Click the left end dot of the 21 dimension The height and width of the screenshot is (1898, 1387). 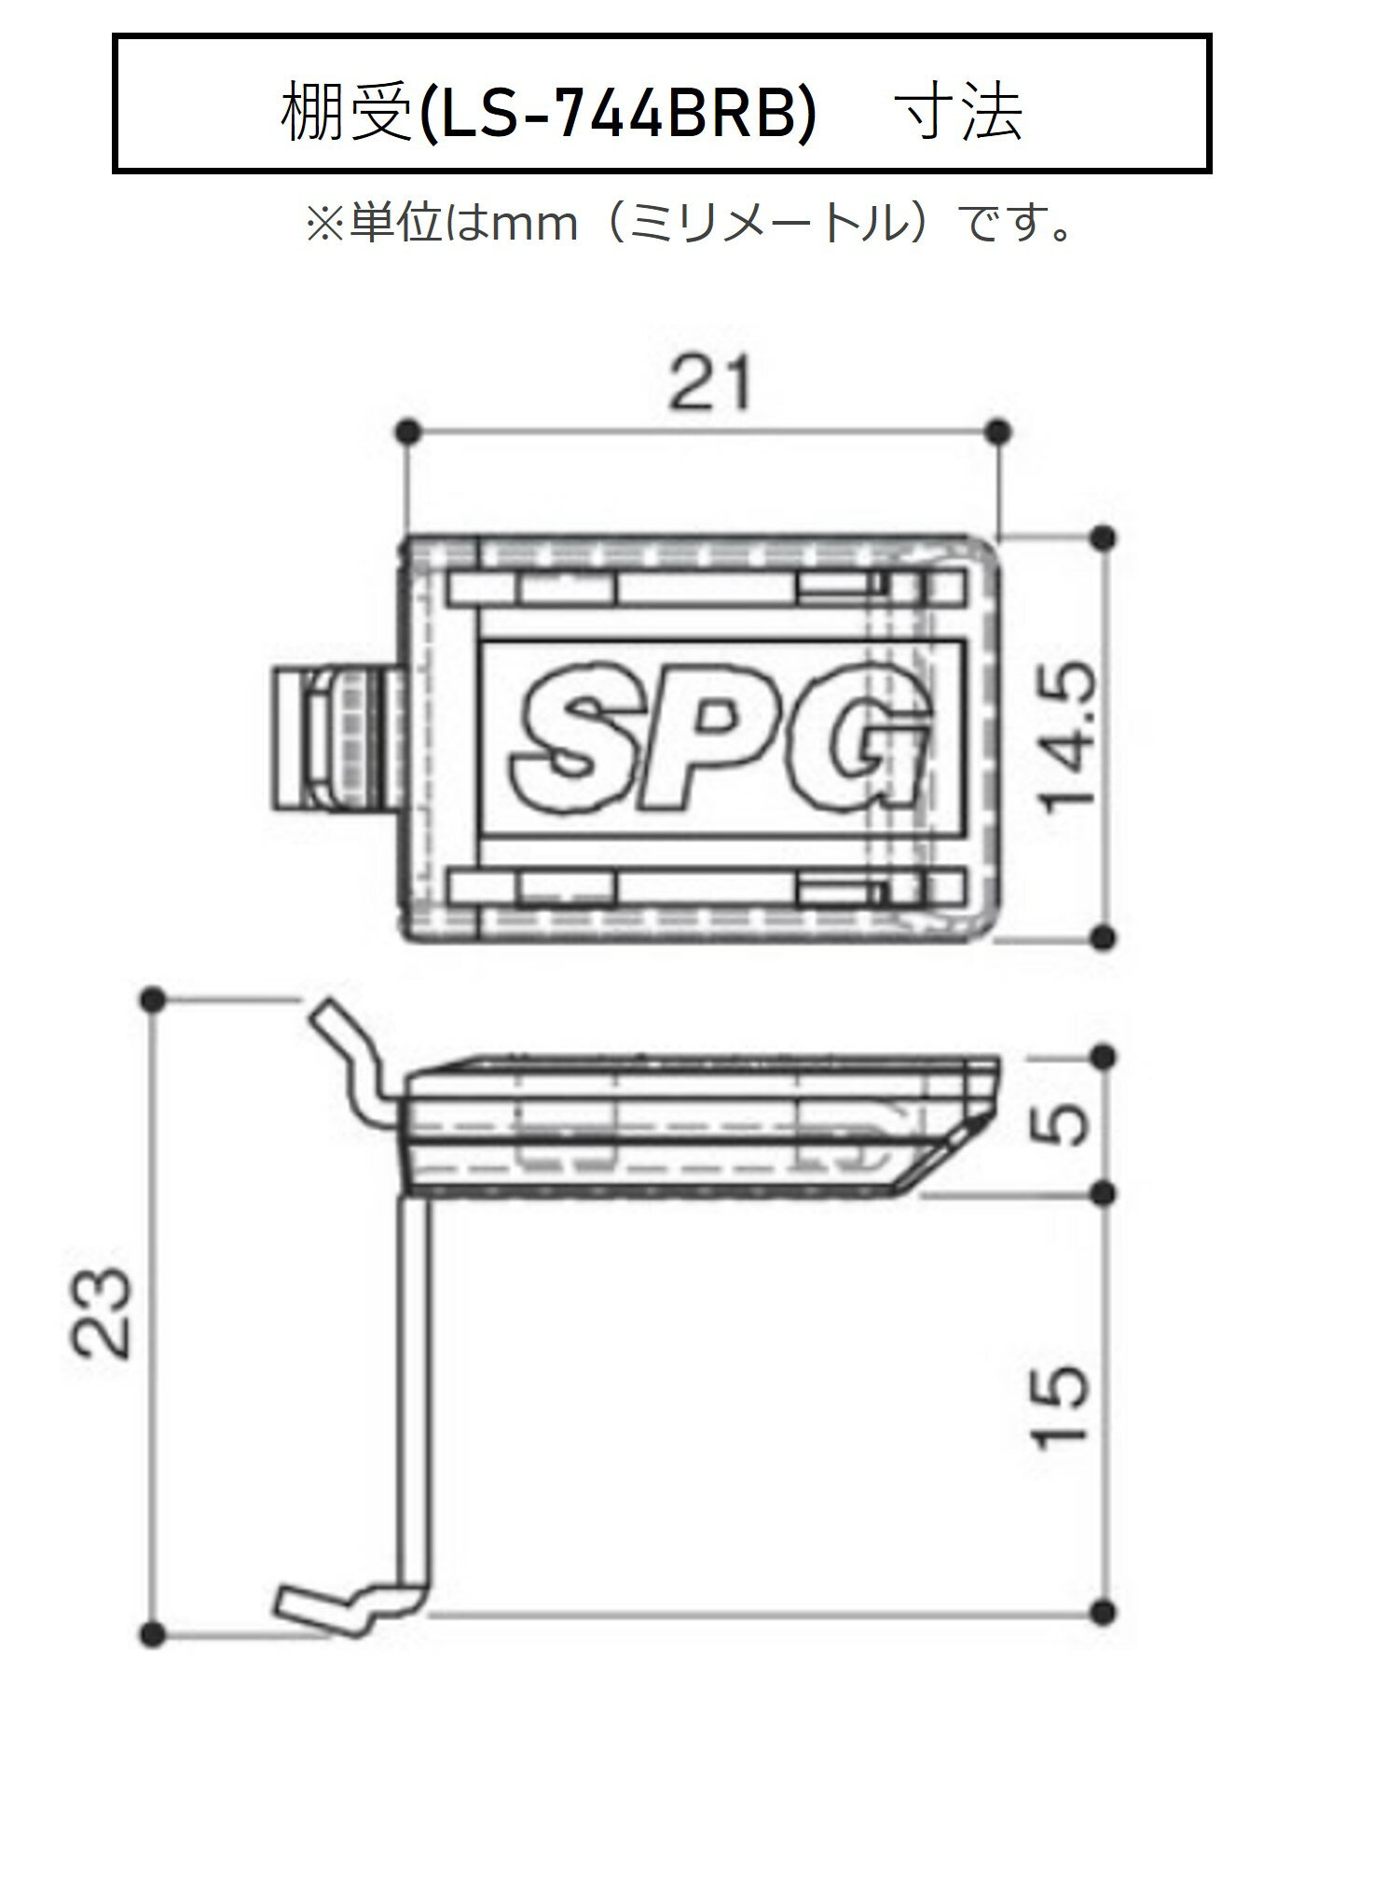[x=406, y=431]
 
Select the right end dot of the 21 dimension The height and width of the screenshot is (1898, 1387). [x=998, y=431]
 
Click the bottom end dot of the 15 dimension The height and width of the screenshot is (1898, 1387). [x=1104, y=1610]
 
